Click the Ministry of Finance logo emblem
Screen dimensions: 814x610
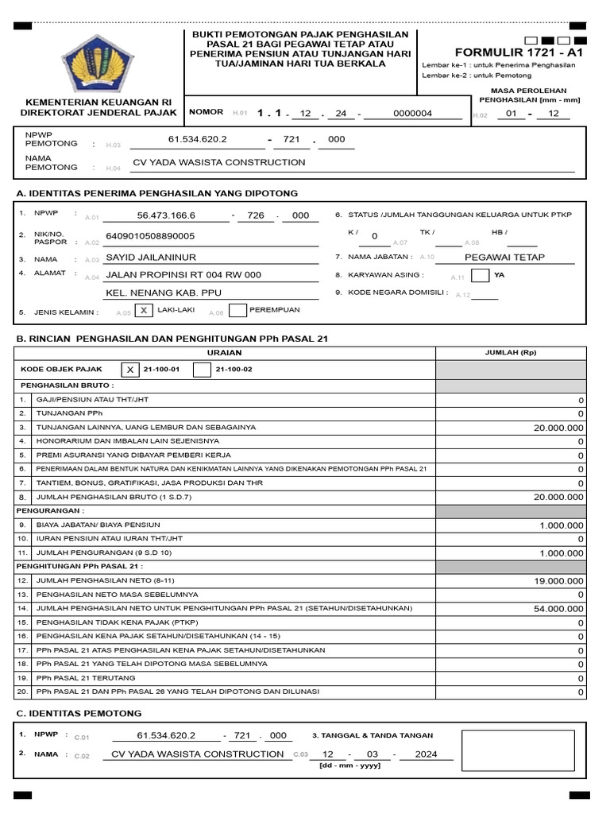(x=92, y=64)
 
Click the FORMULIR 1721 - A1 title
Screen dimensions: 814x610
(x=519, y=52)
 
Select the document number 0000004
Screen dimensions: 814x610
(x=412, y=114)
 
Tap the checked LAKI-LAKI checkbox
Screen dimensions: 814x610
(x=144, y=311)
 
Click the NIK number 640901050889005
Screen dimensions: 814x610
(x=156, y=236)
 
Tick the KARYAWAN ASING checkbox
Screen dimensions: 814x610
(x=480, y=276)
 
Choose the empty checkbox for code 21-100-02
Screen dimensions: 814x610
(x=203, y=369)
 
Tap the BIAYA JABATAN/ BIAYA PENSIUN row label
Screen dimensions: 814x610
(x=98, y=525)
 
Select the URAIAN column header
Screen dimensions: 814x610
(x=225, y=352)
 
